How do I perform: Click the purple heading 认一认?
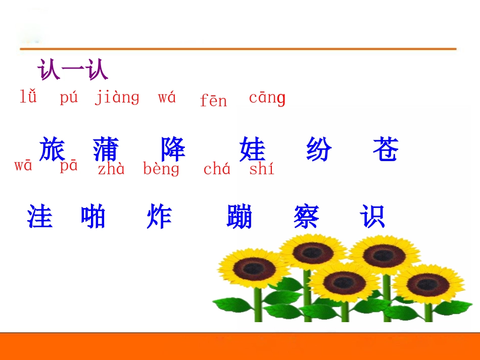(73, 70)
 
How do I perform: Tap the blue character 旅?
(52, 149)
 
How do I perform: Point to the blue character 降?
(173, 149)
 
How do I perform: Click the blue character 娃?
(252, 149)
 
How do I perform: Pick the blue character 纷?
(319, 149)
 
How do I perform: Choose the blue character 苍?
(386, 149)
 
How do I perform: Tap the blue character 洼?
(39, 217)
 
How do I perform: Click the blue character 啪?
(93, 217)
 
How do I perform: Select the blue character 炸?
(159, 217)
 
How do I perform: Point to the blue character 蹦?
(239, 217)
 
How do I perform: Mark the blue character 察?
(306, 217)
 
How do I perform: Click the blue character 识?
(372, 217)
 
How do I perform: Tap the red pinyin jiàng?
(117, 97)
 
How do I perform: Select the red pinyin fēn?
(213, 100)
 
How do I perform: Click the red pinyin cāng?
(267, 98)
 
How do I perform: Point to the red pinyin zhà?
(111, 169)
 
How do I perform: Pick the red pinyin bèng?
(161, 169)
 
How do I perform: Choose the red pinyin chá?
(217, 169)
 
